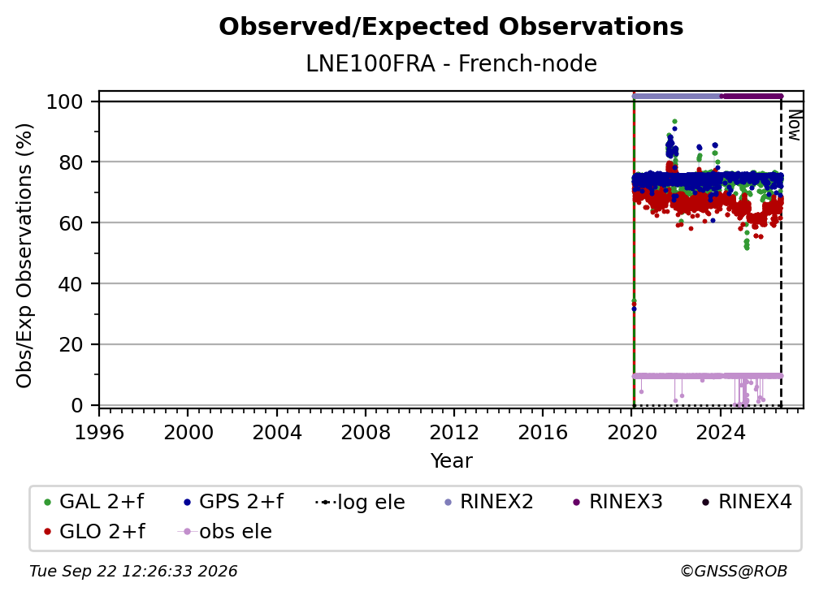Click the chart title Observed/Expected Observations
point(451,27)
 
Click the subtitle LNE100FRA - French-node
point(451,63)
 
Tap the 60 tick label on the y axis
point(71,222)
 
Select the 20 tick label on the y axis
point(71,344)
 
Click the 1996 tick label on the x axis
point(99,432)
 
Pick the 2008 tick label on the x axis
point(365,432)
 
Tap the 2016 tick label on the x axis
point(542,432)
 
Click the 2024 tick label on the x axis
point(720,432)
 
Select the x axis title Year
point(451,461)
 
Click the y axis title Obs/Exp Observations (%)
point(24,256)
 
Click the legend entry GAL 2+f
point(94,502)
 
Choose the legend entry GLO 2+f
point(94,531)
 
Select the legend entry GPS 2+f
point(233,502)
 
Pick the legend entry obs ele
point(225,531)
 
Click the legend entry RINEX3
point(617,502)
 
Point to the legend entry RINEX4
point(747,502)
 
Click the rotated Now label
point(795,125)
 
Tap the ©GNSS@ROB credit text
point(734,571)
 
